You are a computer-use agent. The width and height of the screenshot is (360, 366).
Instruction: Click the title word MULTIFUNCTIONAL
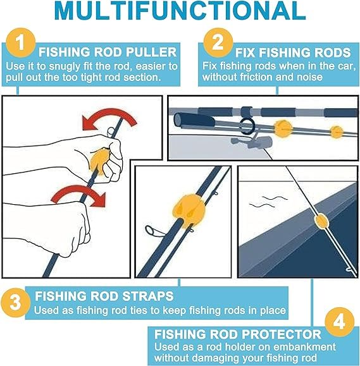click(x=180, y=11)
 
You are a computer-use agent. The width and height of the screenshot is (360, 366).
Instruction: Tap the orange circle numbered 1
click(x=21, y=43)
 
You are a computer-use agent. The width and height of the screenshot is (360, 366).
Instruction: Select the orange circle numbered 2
click(x=218, y=42)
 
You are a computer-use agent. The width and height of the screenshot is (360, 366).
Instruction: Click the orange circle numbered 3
click(x=15, y=303)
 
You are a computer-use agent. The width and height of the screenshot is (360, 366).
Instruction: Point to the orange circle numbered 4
click(x=339, y=322)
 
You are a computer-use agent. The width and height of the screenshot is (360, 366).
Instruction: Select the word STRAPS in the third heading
click(x=148, y=296)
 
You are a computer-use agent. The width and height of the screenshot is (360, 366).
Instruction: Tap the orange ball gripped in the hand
click(x=98, y=161)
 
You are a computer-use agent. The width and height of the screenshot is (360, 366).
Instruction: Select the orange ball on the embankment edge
click(x=321, y=221)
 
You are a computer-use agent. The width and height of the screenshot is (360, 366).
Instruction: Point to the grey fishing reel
click(x=251, y=142)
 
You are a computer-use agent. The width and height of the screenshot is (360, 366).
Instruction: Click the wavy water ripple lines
click(x=268, y=202)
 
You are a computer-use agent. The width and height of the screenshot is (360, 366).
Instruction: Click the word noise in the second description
click(x=310, y=77)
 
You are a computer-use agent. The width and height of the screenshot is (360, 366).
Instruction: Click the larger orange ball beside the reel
click(x=283, y=128)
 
